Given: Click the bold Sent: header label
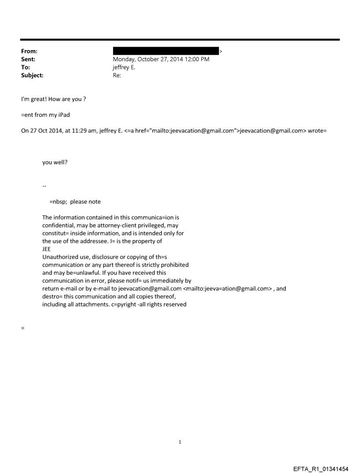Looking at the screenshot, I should point(27,60).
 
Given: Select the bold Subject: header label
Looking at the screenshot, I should point(32,75).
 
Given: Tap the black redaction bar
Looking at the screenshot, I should point(166,52).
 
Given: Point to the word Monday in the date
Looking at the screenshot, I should point(125,60).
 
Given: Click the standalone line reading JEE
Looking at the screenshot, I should point(47,249).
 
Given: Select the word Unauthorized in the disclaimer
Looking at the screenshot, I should point(60,257).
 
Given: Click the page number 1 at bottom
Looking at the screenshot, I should point(180,442).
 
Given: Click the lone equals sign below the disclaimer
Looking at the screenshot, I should point(22,328).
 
